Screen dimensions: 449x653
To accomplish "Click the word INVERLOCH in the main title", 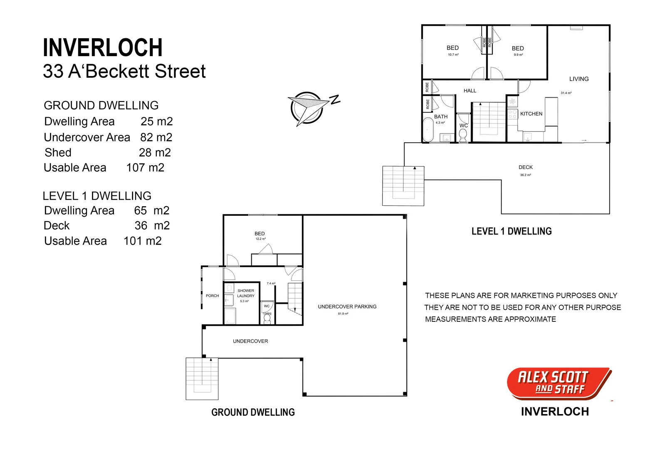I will (x=103, y=48).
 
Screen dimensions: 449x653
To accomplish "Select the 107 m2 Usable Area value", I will (x=145, y=168).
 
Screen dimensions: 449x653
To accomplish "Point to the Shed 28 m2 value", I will (x=155, y=153).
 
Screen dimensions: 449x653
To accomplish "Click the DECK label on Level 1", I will (x=525, y=167).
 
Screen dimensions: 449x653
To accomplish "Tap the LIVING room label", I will (x=579, y=79).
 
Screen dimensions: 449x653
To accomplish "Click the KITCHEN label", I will (x=531, y=114).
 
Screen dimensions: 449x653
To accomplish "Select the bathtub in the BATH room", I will (x=428, y=130).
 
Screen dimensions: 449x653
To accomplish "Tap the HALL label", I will (x=470, y=91).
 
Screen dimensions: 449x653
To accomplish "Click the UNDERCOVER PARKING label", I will (x=347, y=307).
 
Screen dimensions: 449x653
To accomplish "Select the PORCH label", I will (x=212, y=296).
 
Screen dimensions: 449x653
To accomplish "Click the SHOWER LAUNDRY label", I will (x=245, y=294).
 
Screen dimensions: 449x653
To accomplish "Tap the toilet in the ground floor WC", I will (x=267, y=319).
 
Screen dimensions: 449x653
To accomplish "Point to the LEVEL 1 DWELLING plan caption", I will (x=511, y=232).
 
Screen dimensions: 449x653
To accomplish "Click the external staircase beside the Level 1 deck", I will (x=403, y=186).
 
